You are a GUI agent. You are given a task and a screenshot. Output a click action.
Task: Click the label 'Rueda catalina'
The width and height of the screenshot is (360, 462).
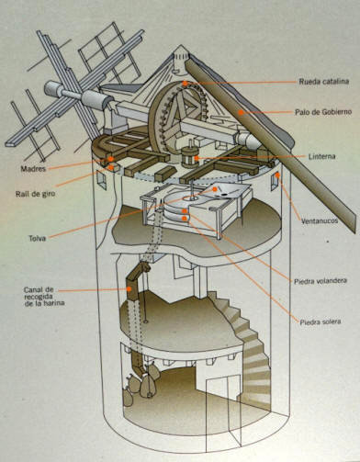click(323, 82)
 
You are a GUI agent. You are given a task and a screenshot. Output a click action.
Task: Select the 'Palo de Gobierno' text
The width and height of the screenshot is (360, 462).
click(323, 112)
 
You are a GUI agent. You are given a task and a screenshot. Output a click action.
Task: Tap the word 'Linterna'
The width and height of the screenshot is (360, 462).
click(321, 156)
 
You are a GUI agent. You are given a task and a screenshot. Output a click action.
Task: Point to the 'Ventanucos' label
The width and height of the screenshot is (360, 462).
click(320, 220)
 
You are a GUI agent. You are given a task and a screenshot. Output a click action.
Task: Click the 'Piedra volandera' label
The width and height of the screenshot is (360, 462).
click(321, 280)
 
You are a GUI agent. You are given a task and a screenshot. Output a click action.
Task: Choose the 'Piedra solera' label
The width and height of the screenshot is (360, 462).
click(321, 321)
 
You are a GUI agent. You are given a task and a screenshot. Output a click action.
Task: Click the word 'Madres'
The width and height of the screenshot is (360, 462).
click(33, 169)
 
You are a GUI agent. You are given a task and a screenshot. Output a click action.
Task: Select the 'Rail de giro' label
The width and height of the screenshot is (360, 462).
click(36, 194)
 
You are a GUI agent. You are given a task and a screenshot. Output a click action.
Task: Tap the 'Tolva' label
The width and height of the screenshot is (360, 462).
click(38, 238)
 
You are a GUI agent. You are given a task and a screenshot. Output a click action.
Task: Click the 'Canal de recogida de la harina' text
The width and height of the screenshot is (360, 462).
click(44, 296)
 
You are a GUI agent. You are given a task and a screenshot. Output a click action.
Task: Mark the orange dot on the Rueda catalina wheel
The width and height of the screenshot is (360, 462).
click(185, 83)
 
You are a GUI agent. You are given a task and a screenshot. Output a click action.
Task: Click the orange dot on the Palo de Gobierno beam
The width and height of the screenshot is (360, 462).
click(241, 113)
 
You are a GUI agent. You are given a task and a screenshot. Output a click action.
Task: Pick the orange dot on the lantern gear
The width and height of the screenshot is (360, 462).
click(197, 158)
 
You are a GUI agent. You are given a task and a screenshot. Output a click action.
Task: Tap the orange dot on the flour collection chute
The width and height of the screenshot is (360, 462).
click(129, 288)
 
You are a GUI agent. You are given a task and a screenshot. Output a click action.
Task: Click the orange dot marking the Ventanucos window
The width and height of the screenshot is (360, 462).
click(277, 175)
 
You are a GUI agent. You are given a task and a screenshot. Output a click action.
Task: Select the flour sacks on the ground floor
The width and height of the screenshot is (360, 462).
click(141, 381)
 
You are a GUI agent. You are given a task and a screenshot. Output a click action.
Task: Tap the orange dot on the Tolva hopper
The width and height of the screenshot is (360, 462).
click(215, 189)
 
